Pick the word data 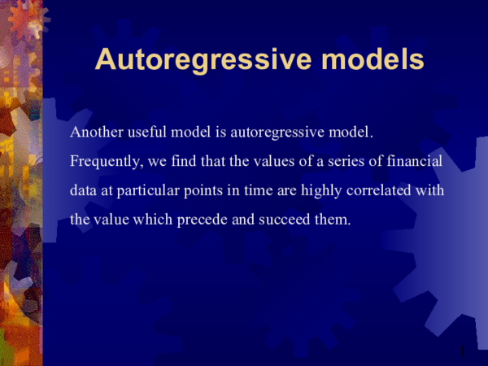(85, 191)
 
